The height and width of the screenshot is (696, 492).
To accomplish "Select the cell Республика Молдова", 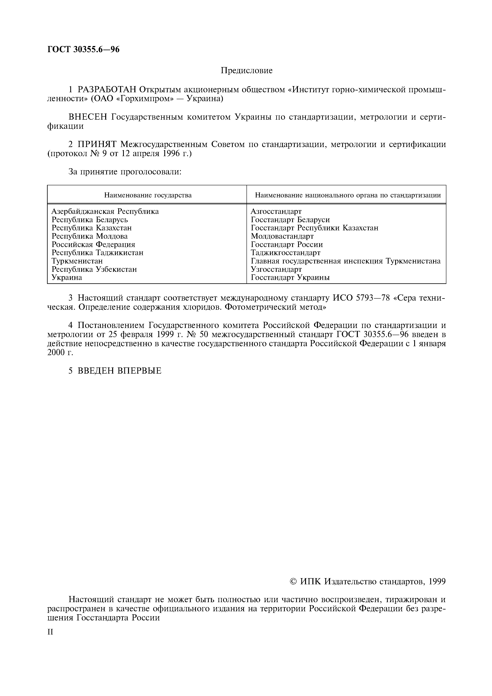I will (90, 236).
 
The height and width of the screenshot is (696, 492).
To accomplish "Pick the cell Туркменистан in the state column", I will (77, 261).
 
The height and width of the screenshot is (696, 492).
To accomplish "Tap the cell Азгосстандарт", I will (276, 211).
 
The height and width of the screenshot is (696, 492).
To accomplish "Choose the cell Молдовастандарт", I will (282, 236).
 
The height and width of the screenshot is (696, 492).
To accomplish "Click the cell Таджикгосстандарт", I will (285, 253).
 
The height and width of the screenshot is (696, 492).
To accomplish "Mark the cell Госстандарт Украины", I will (290, 277).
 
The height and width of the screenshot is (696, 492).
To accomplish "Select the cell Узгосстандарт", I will (276, 269).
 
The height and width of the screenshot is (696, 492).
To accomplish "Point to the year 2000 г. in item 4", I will (60, 353).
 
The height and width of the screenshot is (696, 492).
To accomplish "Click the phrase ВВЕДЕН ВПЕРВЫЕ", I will (119, 371).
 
